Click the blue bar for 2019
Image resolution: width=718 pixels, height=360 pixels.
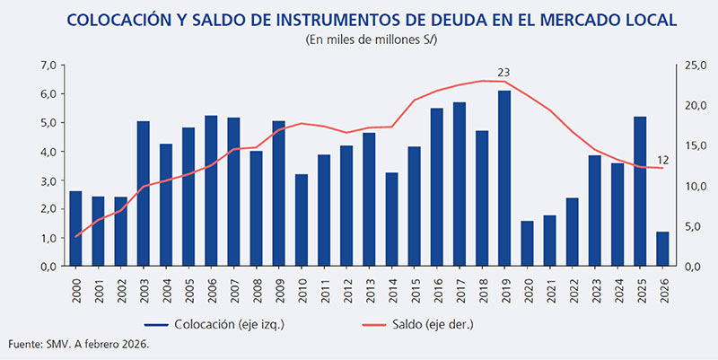tap(504, 179)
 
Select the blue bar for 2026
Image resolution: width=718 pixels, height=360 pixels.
tap(662, 249)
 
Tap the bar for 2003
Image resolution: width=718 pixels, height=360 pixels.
tap(144, 194)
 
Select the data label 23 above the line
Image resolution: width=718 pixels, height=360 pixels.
tap(503, 71)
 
